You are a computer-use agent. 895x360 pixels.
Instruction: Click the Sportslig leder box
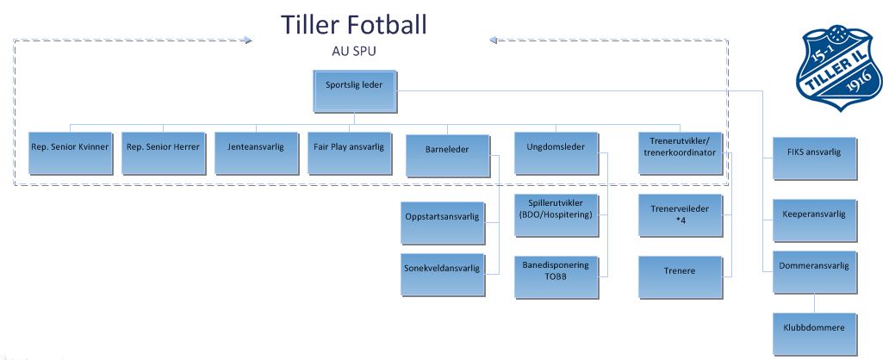click(x=355, y=91)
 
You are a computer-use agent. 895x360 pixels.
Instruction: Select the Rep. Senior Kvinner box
click(x=71, y=153)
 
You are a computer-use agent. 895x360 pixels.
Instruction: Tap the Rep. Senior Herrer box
click(x=164, y=153)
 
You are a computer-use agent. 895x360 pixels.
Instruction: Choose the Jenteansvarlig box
click(x=257, y=153)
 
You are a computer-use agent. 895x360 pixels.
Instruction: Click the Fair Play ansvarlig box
click(x=350, y=153)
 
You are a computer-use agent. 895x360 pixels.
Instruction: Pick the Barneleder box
click(x=448, y=156)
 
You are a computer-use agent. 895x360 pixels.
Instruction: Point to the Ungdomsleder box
click(x=556, y=153)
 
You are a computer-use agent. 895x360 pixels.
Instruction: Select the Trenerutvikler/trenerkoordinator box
click(x=681, y=153)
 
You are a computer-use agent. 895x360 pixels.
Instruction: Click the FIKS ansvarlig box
click(x=815, y=158)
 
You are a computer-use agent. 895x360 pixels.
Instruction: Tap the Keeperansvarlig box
click(x=815, y=220)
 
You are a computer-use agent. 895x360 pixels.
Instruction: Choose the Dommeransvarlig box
click(x=815, y=273)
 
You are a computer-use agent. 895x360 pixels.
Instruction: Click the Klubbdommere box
click(x=815, y=334)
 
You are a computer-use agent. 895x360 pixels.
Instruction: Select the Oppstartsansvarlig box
click(x=443, y=223)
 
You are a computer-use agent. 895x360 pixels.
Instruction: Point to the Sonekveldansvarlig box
click(x=443, y=275)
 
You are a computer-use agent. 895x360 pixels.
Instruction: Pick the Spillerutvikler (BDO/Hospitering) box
click(x=556, y=215)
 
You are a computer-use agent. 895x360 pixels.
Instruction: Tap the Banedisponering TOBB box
click(x=556, y=277)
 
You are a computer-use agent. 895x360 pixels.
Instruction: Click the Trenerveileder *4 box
click(x=681, y=215)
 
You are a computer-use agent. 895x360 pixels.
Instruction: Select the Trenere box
click(x=681, y=277)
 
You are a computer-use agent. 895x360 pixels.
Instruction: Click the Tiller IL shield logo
click(x=834, y=67)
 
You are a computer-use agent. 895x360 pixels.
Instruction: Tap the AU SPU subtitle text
click(x=354, y=51)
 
